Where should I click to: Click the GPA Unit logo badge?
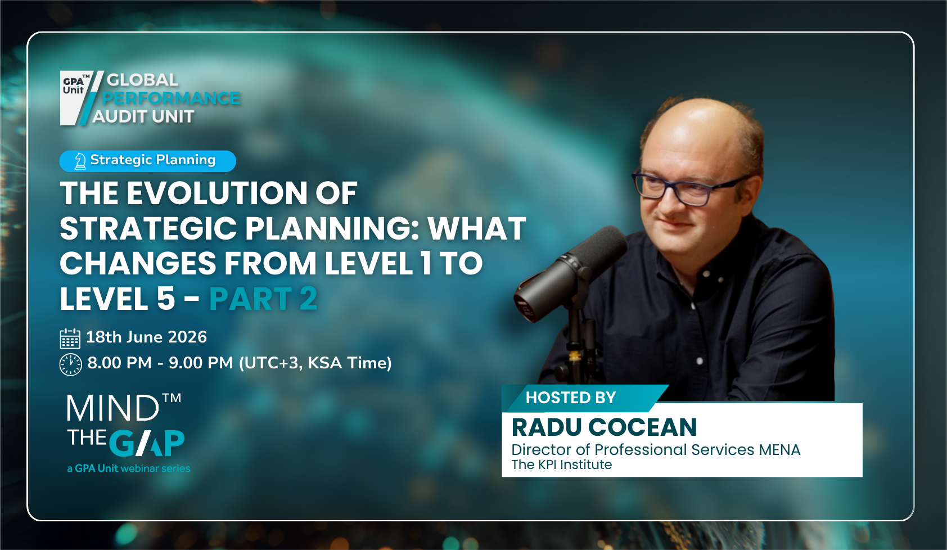tap(76, 97)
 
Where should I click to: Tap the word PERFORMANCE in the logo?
tap(172, 98)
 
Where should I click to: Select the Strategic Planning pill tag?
tap(147, 161)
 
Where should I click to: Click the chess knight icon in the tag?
tap(80, 161)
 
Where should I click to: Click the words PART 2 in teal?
tap(263, 299)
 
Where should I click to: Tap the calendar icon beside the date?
tap(70, 338)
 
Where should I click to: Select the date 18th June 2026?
tap(146, 337)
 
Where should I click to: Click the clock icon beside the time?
tap(71, 364)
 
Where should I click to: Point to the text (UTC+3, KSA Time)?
tap(315, 363)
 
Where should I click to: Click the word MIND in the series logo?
tap(113, 408)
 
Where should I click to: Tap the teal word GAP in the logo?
tap(147, 443)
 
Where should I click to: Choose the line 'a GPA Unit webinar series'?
tap(129, 468)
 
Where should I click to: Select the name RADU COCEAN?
tap(604, 427)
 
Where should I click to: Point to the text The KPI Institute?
tap(561, 465)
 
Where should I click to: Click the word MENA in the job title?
tap(779, 450)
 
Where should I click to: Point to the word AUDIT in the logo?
tap(116, 117)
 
